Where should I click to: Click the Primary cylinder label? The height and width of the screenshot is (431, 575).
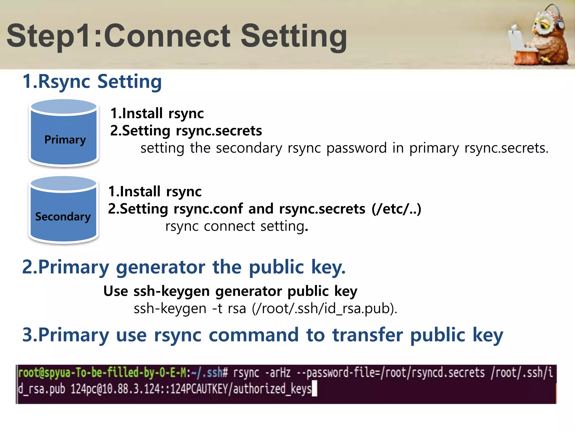coord(65,139)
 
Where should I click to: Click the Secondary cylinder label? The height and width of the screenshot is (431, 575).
coord(63,217)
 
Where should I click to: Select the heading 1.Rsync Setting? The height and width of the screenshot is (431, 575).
coord(92,82)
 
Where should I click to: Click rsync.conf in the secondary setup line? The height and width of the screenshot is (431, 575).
coord(208,209)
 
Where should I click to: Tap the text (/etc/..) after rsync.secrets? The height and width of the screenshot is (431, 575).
coord(396,209)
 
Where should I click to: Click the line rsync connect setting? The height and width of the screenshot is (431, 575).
coord(237,226)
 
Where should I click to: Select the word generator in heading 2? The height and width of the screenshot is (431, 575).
coord(160,267)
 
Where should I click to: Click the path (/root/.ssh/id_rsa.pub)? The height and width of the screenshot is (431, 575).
coord(324,309)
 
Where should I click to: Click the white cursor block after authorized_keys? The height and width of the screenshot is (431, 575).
coord(315,389)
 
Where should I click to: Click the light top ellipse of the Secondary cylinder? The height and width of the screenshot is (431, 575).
coord(63,184)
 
